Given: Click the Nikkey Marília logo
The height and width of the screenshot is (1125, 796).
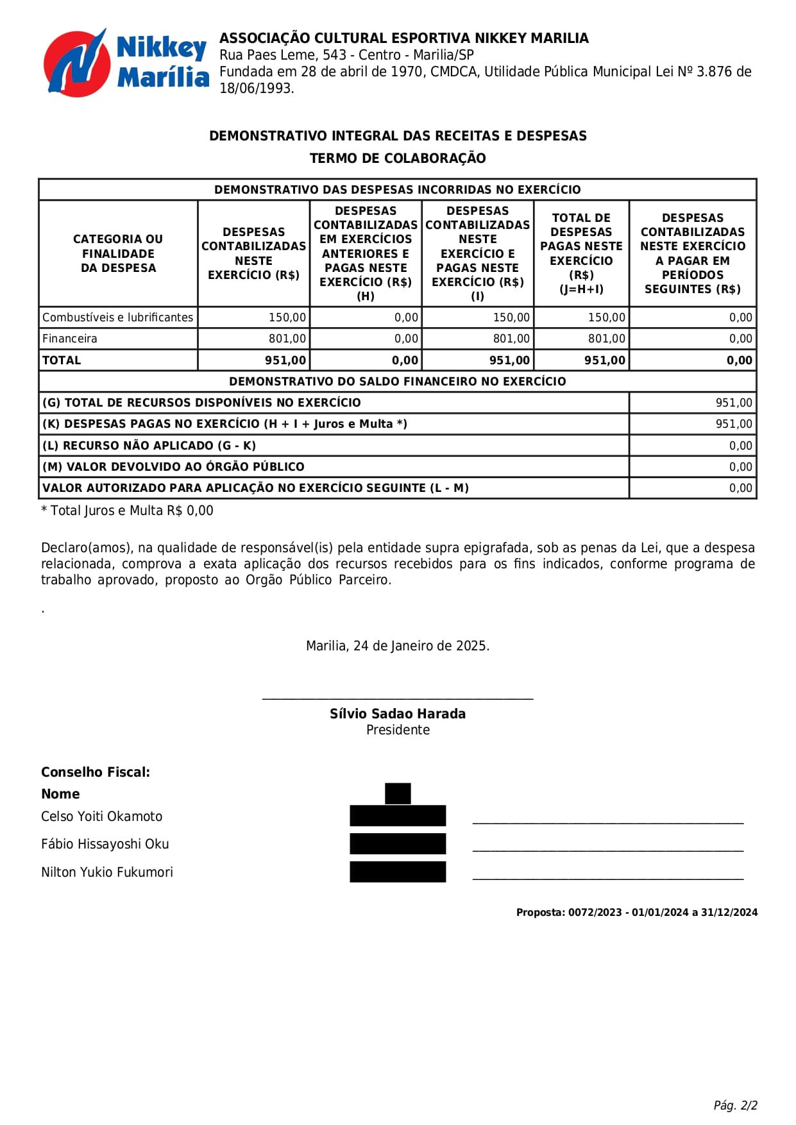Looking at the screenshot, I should tap(126, 63).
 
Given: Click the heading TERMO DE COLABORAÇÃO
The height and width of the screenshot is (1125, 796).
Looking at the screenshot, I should tap(398, 158).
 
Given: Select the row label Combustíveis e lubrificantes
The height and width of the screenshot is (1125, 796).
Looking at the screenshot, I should tap(117, 317).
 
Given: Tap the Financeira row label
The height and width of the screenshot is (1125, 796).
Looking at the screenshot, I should tap(70, 339).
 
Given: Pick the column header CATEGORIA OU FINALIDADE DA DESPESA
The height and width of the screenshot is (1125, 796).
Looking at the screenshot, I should tap(118, 253).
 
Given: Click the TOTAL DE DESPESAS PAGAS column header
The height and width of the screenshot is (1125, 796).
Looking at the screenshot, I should tap(581, 253).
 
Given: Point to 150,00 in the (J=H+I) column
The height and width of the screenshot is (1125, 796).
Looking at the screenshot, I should tap(606, 317).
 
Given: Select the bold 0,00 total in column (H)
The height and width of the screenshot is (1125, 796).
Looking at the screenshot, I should tap(405, 360).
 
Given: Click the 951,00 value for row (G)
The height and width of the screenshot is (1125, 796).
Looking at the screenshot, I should tap(734, 403).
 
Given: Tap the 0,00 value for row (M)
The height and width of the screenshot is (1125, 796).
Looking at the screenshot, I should tap(740, 467).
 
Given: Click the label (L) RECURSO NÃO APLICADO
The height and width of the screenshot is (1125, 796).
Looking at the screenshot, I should tap(149, 446).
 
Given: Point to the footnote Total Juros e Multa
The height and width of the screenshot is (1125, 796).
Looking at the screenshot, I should tap(127, 511).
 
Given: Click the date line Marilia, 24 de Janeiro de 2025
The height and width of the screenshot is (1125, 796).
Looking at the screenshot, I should tap(398, 646).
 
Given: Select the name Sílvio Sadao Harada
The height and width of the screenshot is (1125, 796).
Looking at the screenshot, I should tap(398, 714).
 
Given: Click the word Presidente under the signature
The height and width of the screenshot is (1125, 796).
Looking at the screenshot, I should tap(398, 730).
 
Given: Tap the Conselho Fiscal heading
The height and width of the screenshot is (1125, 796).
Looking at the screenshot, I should tap(96, 772).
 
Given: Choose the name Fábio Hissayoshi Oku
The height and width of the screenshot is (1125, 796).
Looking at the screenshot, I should tap(105, 844).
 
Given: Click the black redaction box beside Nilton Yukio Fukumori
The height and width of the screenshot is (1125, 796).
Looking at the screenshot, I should tap(398, 872).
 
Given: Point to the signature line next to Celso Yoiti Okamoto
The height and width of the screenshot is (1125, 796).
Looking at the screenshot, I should tap(607, 822).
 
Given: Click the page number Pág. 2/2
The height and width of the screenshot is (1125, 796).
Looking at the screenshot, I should tap(735, 1105).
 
